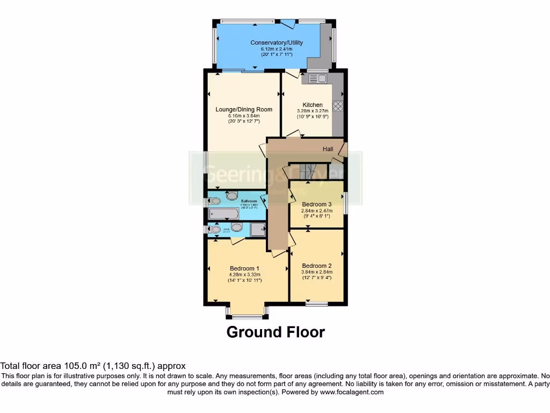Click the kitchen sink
317,79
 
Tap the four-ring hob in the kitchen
338,106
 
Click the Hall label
328,149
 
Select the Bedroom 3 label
316,204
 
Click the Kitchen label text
313,105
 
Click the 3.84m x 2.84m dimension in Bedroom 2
316,272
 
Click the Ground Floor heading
276,332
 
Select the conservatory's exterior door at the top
287,23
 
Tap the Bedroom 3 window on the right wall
345,204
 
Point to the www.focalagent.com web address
351,392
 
